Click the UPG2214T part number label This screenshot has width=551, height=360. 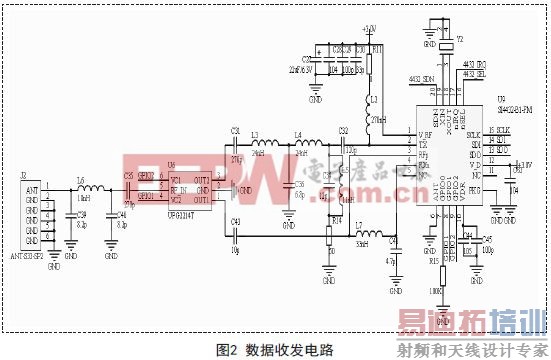(181, 212)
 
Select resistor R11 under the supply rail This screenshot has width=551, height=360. (369, 59)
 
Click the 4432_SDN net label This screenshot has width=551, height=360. (423, 77)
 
